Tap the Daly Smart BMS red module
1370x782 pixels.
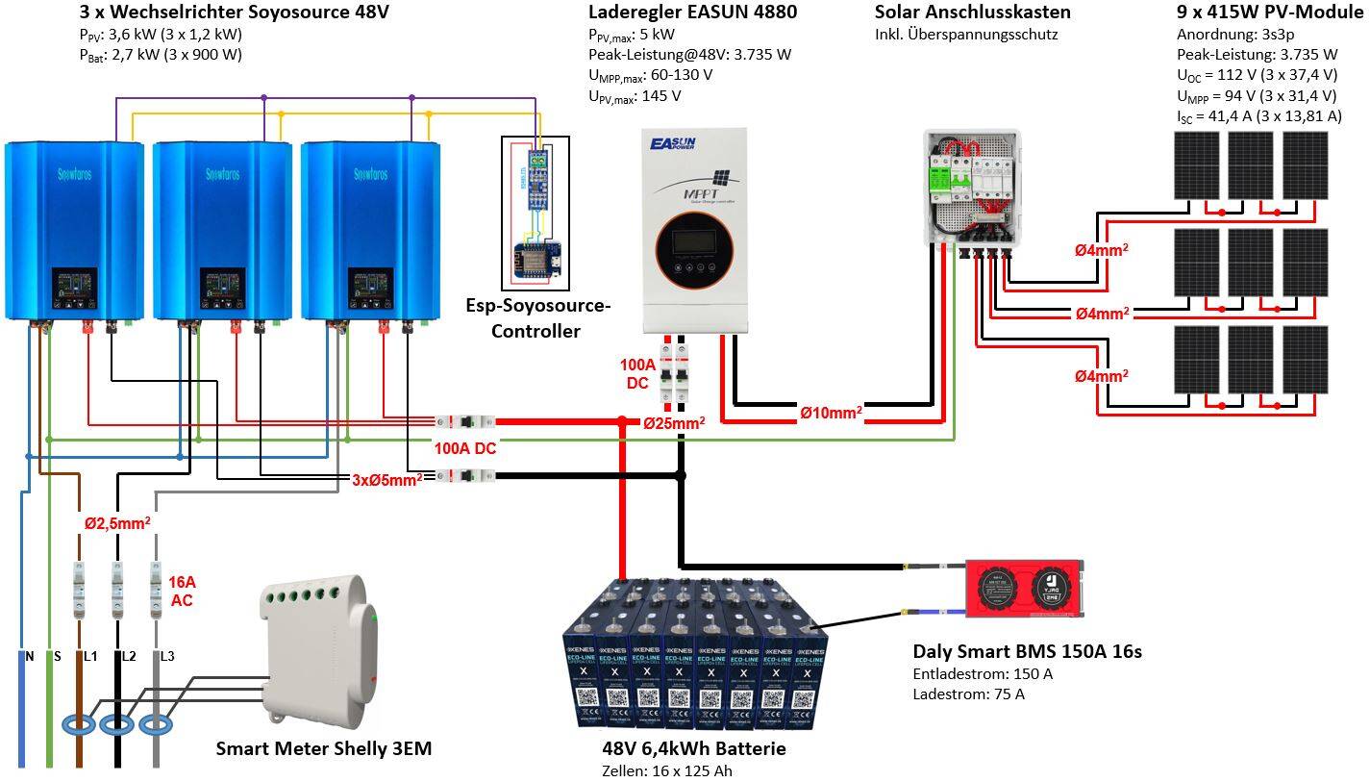pos(1026,586)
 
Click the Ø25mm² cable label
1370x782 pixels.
pos(674,423)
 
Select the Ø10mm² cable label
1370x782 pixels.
pos(831,413)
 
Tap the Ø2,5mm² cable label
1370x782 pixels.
pos(116,523)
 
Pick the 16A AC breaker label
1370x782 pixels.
pos(182,591)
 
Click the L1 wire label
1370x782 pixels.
pos(90,656)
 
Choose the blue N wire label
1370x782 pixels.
pos(30,656)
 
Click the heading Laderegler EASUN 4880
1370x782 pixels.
pos(692,13)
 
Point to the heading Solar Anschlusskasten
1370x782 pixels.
pos(972,13)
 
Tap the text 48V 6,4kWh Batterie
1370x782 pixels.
pos(694,748)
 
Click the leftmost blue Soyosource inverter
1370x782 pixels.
pos(74,231)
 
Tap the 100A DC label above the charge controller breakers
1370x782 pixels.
pos(638,374)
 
